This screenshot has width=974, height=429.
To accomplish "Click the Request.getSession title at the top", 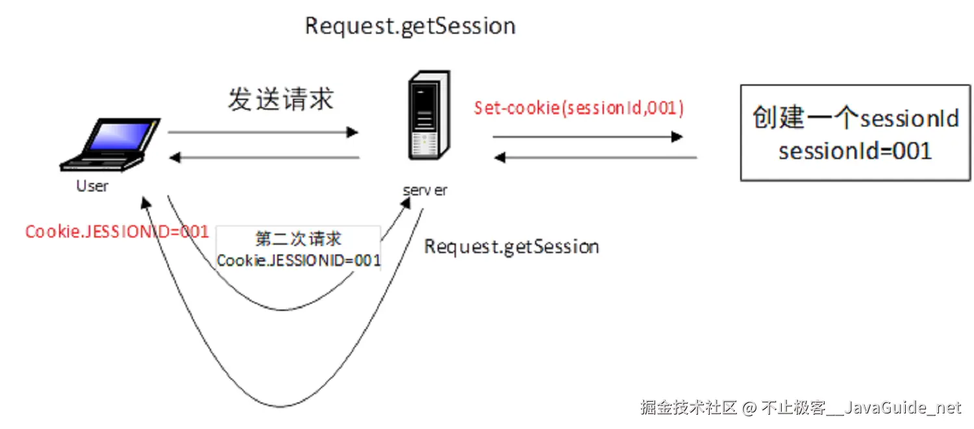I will coord(410,27).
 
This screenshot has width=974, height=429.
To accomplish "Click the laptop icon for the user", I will coord(110,145).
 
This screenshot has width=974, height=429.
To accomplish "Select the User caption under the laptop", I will coord(92,186).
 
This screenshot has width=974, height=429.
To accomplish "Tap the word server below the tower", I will coord(425,190).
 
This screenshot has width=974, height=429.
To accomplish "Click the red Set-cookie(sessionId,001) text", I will coord(579,108).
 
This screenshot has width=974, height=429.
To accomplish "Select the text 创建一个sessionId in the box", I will coord(855,119).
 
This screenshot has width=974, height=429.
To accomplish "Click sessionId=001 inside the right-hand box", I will coord(855,151).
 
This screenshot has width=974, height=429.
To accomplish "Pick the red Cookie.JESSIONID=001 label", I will coord(117,232).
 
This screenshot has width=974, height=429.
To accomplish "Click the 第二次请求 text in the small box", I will coord(298,239).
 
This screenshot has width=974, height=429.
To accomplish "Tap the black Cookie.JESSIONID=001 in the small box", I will coord(298,261).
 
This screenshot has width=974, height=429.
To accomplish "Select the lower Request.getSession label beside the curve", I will coord(511,247).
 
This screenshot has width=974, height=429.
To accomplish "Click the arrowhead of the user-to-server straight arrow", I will coord(353,132).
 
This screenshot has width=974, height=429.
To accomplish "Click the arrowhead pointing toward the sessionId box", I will coord(677,137).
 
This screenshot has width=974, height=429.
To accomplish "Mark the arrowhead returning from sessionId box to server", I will coord(499,157).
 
